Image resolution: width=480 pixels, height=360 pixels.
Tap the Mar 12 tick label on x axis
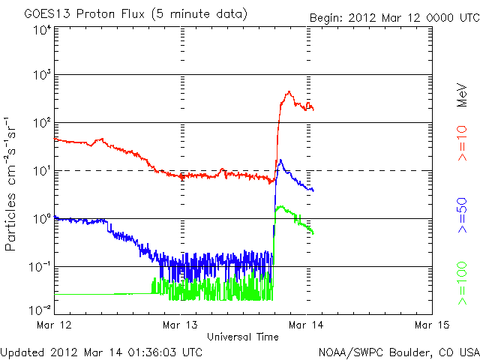54,325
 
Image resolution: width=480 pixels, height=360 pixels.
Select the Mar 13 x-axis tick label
180,325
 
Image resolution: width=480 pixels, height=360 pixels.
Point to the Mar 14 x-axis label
306,325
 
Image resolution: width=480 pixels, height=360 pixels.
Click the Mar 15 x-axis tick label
432,325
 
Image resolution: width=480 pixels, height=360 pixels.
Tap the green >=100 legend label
463,283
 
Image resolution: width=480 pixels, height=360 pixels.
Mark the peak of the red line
289,92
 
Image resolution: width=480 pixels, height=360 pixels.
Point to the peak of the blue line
280,160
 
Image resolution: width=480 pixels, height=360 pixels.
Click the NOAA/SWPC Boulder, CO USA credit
398,351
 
